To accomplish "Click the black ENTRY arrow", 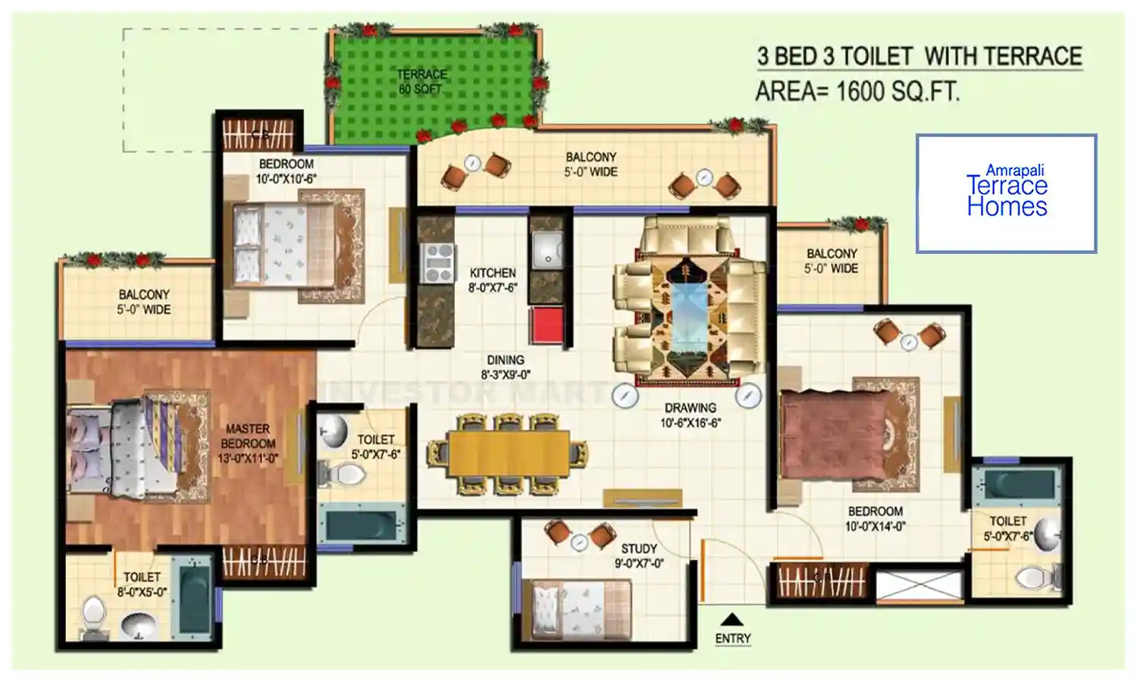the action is click(x=731, y=620).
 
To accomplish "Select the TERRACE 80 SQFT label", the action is click(x=421, y=82).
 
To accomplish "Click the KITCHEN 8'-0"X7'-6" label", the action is click(x=493, y=280).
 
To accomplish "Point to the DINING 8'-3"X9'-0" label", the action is click(x=506, y=368).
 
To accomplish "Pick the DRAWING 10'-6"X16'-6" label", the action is click(x=691, y=415).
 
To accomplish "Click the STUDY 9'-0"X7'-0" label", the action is click(x=639, y=556).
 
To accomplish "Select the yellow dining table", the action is click(x=509, y=454).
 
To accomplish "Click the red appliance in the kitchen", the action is click(x=547, y=325).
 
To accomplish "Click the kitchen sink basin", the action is click(x=547, y=249).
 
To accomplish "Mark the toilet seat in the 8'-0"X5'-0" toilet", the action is click(x=93, y=616).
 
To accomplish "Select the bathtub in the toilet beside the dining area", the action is click(x=361, y=525).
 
